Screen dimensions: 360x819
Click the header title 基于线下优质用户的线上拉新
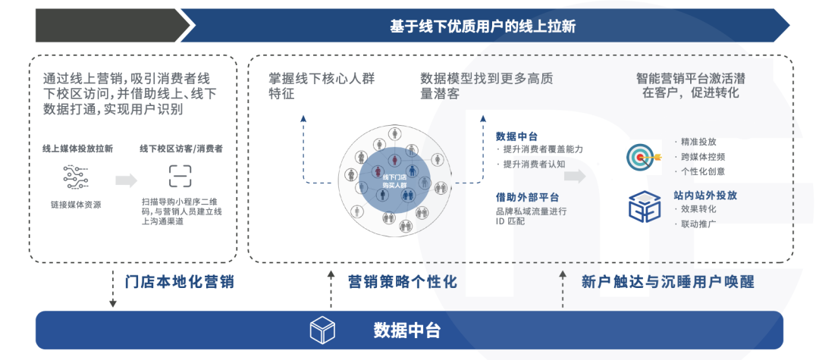point(482,27)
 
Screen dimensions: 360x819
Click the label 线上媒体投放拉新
point(77,149)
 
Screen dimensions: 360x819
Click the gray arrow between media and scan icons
point(127,180)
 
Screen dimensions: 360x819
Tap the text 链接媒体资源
point(77,205)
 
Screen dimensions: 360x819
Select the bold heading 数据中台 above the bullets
point(517,136)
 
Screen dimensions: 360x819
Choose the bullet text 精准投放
point(698,142)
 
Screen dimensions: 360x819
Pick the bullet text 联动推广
point(698,224)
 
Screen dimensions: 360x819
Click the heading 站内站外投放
point(705,194)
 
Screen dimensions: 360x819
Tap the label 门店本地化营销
point(179,282)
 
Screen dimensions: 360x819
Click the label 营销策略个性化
point(402,282)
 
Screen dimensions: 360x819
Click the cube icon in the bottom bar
point(322,330)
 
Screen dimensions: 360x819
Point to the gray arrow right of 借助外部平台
point(574,176)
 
